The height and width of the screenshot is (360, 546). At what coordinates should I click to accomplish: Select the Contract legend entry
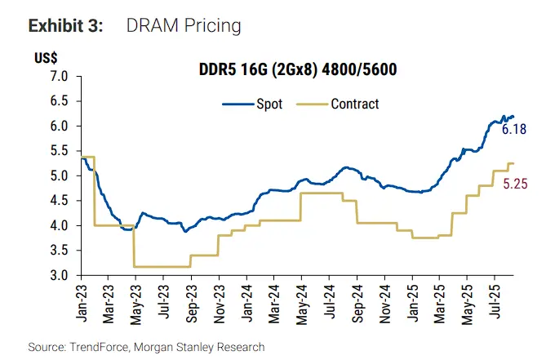point(354,104)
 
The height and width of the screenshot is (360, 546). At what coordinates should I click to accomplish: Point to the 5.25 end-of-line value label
point(515,184)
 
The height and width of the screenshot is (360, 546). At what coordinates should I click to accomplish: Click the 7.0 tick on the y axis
point(60,77)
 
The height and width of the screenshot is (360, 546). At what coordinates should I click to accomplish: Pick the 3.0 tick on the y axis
point(60,275)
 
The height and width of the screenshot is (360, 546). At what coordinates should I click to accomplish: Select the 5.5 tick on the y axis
point(60,151)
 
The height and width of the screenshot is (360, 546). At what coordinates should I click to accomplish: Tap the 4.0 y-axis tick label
point(60,225)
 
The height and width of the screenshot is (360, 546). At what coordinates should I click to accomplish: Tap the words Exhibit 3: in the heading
point(65,25)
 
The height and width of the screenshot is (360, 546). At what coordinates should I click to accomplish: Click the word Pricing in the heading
point(215,26)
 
